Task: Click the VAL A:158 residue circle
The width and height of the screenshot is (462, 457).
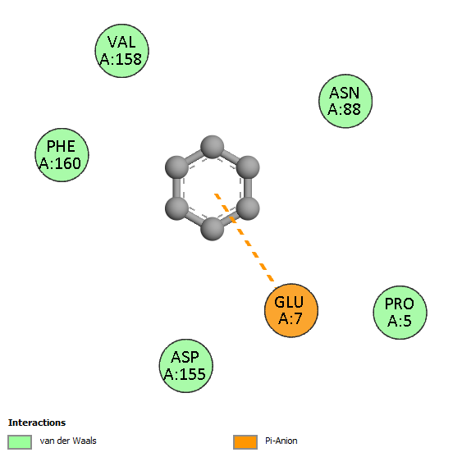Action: pos(122,51)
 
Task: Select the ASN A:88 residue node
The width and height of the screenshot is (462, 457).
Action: pos(345,101)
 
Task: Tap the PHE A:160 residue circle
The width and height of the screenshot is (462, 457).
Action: pos(62,155)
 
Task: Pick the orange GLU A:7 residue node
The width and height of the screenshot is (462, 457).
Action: pos(291,311)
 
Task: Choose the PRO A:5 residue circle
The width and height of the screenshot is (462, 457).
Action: pos(400,313)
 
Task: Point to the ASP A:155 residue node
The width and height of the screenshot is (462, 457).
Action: pos(186,366)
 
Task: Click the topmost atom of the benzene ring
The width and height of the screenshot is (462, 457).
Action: pos(213,147)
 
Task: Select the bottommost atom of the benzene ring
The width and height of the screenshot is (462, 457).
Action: pos(213,229)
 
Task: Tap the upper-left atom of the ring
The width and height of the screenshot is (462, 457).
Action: pos(176,167)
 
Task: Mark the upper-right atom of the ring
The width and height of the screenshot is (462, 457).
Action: pos(248,167)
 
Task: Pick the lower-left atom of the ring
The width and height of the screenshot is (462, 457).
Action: pos(176,208)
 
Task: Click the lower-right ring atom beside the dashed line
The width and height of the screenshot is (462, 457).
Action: pos(248,208)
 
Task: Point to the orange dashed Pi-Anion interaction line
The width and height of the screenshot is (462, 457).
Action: pos(245,238)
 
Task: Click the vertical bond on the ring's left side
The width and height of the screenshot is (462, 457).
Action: pos(176,188)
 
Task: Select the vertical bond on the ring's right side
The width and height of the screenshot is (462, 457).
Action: pos(248,188)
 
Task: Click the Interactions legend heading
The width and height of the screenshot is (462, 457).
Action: pos(37,423)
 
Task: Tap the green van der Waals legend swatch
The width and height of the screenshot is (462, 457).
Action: pos(20,442)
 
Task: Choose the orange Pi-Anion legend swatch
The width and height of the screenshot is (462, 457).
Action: pos(245,442)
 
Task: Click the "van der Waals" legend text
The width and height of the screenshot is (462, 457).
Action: pos(68,441)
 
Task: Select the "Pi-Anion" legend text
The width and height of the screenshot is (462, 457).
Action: pos(281,441)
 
